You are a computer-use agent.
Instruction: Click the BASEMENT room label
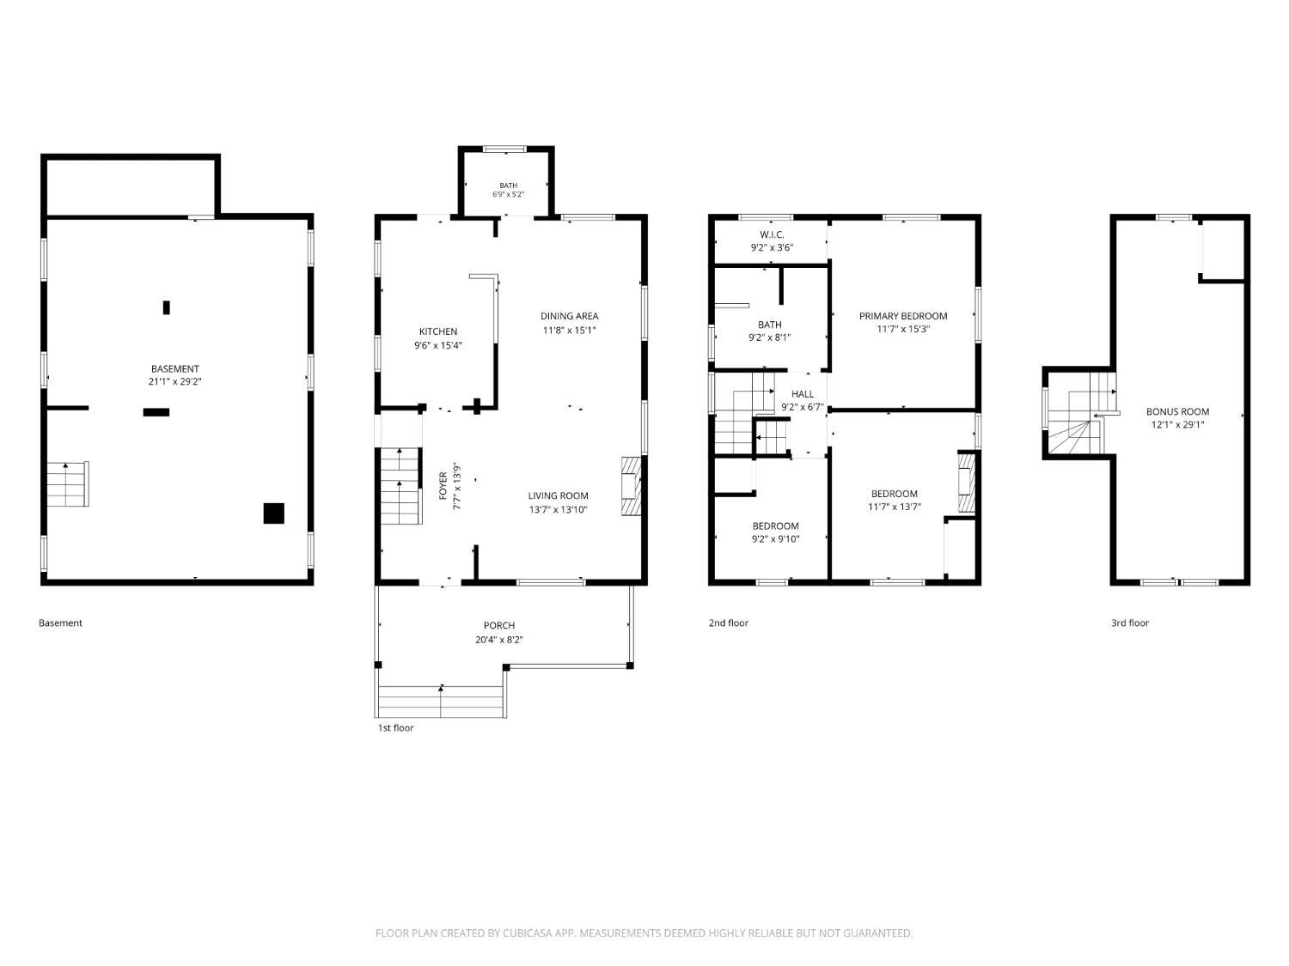(x=175, y=369)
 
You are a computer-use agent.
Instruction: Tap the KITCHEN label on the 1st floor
(x=438, y=331)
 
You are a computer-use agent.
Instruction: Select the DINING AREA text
(x=569, y=316)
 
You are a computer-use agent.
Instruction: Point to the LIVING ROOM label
(x=558, y=495)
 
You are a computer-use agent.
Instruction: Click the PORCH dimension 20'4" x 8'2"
(x=499, y=640)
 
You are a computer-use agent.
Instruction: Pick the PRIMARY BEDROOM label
(x=903, y=316)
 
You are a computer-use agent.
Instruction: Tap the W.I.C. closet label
(x=772, y=234)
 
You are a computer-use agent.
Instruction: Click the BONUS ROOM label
(x=1177, y=412)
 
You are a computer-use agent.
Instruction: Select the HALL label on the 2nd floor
(x=802, y=394)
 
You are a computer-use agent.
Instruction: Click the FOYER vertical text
(x=443, y=486)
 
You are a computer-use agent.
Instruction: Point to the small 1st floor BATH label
(x=509, y=185)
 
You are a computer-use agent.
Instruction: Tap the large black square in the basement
(x=273, y=513)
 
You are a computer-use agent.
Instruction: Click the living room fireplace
(x=632, y=486)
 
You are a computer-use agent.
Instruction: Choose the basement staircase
(x=68, y=484)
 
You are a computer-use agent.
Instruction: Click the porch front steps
(x=441, y=701)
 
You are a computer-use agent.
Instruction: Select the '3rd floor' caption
(x=1130, y=623)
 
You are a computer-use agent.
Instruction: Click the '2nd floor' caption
(x=728, y=623)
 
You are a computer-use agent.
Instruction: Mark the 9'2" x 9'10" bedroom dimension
(x=775, y=539)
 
